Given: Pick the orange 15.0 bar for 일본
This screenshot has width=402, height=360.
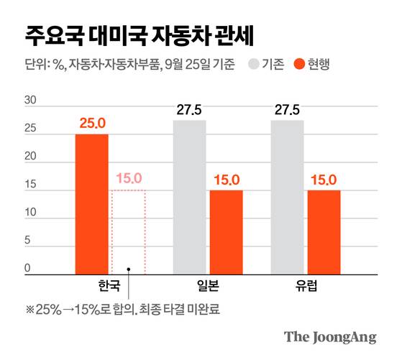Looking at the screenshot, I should (226, 231).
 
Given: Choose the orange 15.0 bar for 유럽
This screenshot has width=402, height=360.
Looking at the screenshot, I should (324, 231).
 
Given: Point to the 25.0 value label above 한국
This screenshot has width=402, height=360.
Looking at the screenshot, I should (92, 124).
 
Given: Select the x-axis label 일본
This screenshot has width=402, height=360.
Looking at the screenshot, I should (208, 285).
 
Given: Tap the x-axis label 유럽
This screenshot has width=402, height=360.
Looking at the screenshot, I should (305, 285).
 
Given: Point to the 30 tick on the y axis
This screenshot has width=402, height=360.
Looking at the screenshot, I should (30, 101).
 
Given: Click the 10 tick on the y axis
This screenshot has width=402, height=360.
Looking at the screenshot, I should (30, 213).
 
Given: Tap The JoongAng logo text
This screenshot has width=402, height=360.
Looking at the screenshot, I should (330, 337).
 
